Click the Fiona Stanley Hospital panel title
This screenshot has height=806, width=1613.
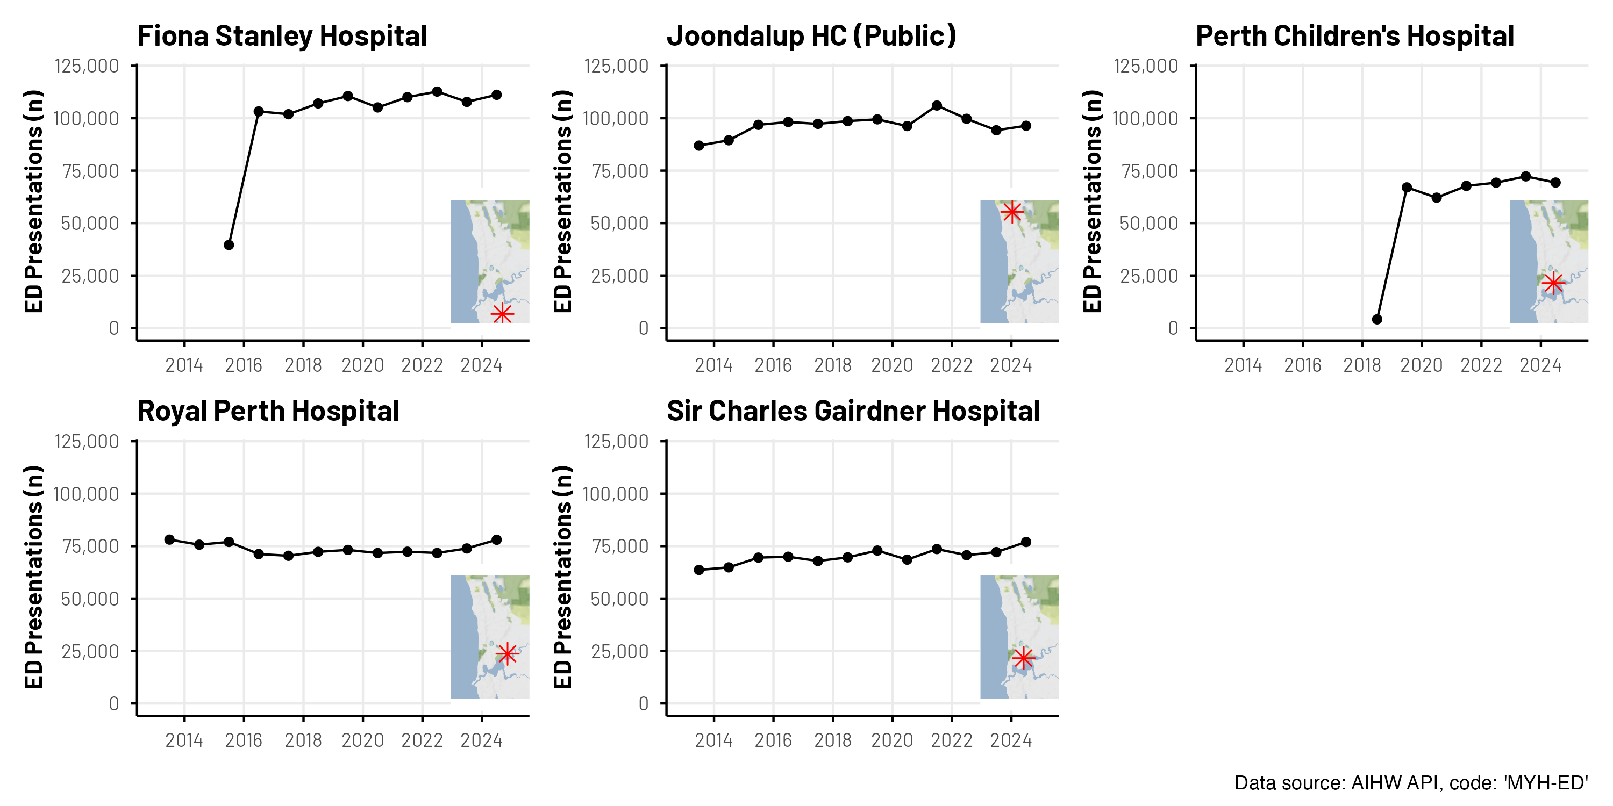282,35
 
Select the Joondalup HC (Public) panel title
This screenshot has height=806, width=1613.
811,35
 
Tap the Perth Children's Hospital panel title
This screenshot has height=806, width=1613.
1354,35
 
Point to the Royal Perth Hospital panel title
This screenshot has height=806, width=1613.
268,411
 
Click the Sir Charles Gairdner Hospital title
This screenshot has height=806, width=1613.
853,411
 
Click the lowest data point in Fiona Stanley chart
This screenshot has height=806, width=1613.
229,244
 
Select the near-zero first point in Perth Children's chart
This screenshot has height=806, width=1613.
1377,319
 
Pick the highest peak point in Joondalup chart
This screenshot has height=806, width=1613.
937,106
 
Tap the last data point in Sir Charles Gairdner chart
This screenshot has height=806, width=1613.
1026,542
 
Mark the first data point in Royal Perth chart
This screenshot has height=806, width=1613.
170,539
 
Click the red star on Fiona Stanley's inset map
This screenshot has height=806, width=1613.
502,313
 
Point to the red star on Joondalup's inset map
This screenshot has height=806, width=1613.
1012,212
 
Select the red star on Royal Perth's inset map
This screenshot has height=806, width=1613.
506,654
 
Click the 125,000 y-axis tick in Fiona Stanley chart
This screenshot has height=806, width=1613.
87,66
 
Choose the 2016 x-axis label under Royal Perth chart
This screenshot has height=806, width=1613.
244,740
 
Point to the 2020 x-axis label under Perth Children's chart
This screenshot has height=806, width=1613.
1422,365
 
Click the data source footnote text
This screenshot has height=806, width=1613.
1411,783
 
